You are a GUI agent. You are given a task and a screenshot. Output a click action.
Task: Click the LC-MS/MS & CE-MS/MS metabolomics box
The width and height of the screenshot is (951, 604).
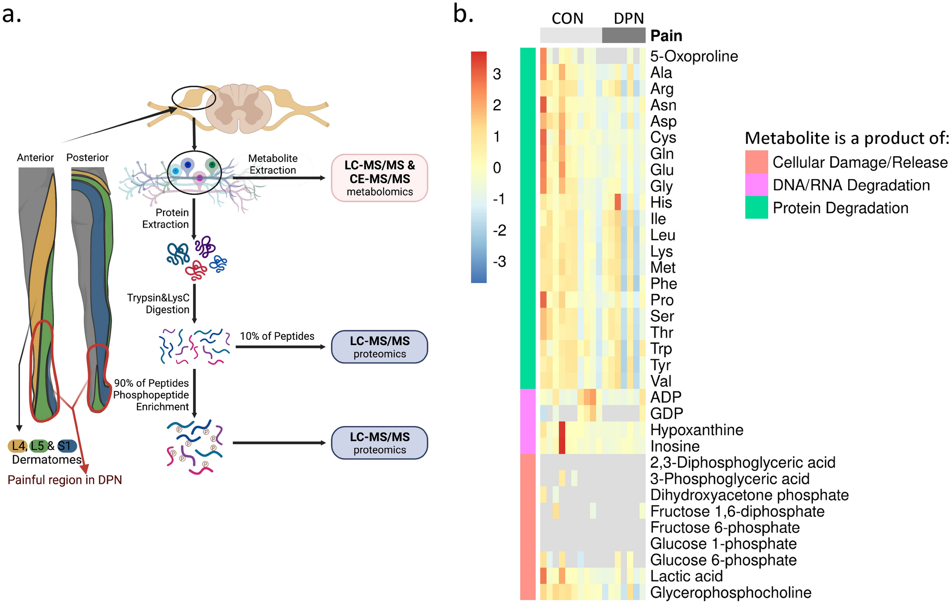point(379,178)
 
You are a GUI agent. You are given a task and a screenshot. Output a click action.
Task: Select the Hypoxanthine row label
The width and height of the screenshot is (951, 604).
point(697,430)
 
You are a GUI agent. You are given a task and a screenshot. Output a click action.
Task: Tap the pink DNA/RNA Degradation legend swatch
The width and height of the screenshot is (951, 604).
point(756,185)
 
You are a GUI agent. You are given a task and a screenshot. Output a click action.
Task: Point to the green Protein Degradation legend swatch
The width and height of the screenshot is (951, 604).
point(756,207)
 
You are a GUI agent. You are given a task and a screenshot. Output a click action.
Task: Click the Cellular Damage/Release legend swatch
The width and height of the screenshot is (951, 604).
point(756,162)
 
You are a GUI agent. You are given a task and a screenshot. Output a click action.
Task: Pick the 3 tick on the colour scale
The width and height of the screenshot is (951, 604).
point(497,74)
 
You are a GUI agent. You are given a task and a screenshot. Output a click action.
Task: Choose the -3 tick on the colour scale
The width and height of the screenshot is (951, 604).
point(499,261)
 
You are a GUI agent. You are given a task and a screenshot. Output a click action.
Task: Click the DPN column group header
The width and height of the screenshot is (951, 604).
point(628,18)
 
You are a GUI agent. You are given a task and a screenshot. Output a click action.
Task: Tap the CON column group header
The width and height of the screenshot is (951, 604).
point(567,18)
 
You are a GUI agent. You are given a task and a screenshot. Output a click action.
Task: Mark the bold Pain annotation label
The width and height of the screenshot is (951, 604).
point(666,36)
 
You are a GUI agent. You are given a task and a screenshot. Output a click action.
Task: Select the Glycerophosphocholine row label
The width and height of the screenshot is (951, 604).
point(731,592)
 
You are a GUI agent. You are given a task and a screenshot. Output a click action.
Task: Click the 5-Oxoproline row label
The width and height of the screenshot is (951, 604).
point(694,56)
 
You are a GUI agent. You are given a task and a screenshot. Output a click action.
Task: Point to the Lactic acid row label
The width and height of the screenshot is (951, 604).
point(686,576)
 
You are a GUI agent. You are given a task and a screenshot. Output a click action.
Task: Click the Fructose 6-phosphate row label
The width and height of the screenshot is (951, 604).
point(725,527)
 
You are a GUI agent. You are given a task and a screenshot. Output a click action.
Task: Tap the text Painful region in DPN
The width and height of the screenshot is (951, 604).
point(65,480)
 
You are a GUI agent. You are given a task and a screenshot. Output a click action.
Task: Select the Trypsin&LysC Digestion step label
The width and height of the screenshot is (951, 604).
point(158,303)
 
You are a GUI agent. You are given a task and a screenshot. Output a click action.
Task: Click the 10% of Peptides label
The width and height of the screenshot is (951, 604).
point(277,336)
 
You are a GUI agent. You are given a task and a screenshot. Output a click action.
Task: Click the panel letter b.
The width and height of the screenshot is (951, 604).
point(463,14)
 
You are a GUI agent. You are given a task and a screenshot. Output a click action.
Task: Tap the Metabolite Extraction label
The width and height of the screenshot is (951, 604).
point(273,164)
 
